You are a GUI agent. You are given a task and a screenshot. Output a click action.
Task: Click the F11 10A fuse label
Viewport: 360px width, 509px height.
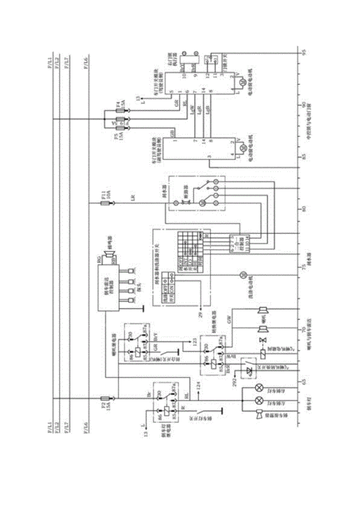pyautogui.click(x=106, y=194)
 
